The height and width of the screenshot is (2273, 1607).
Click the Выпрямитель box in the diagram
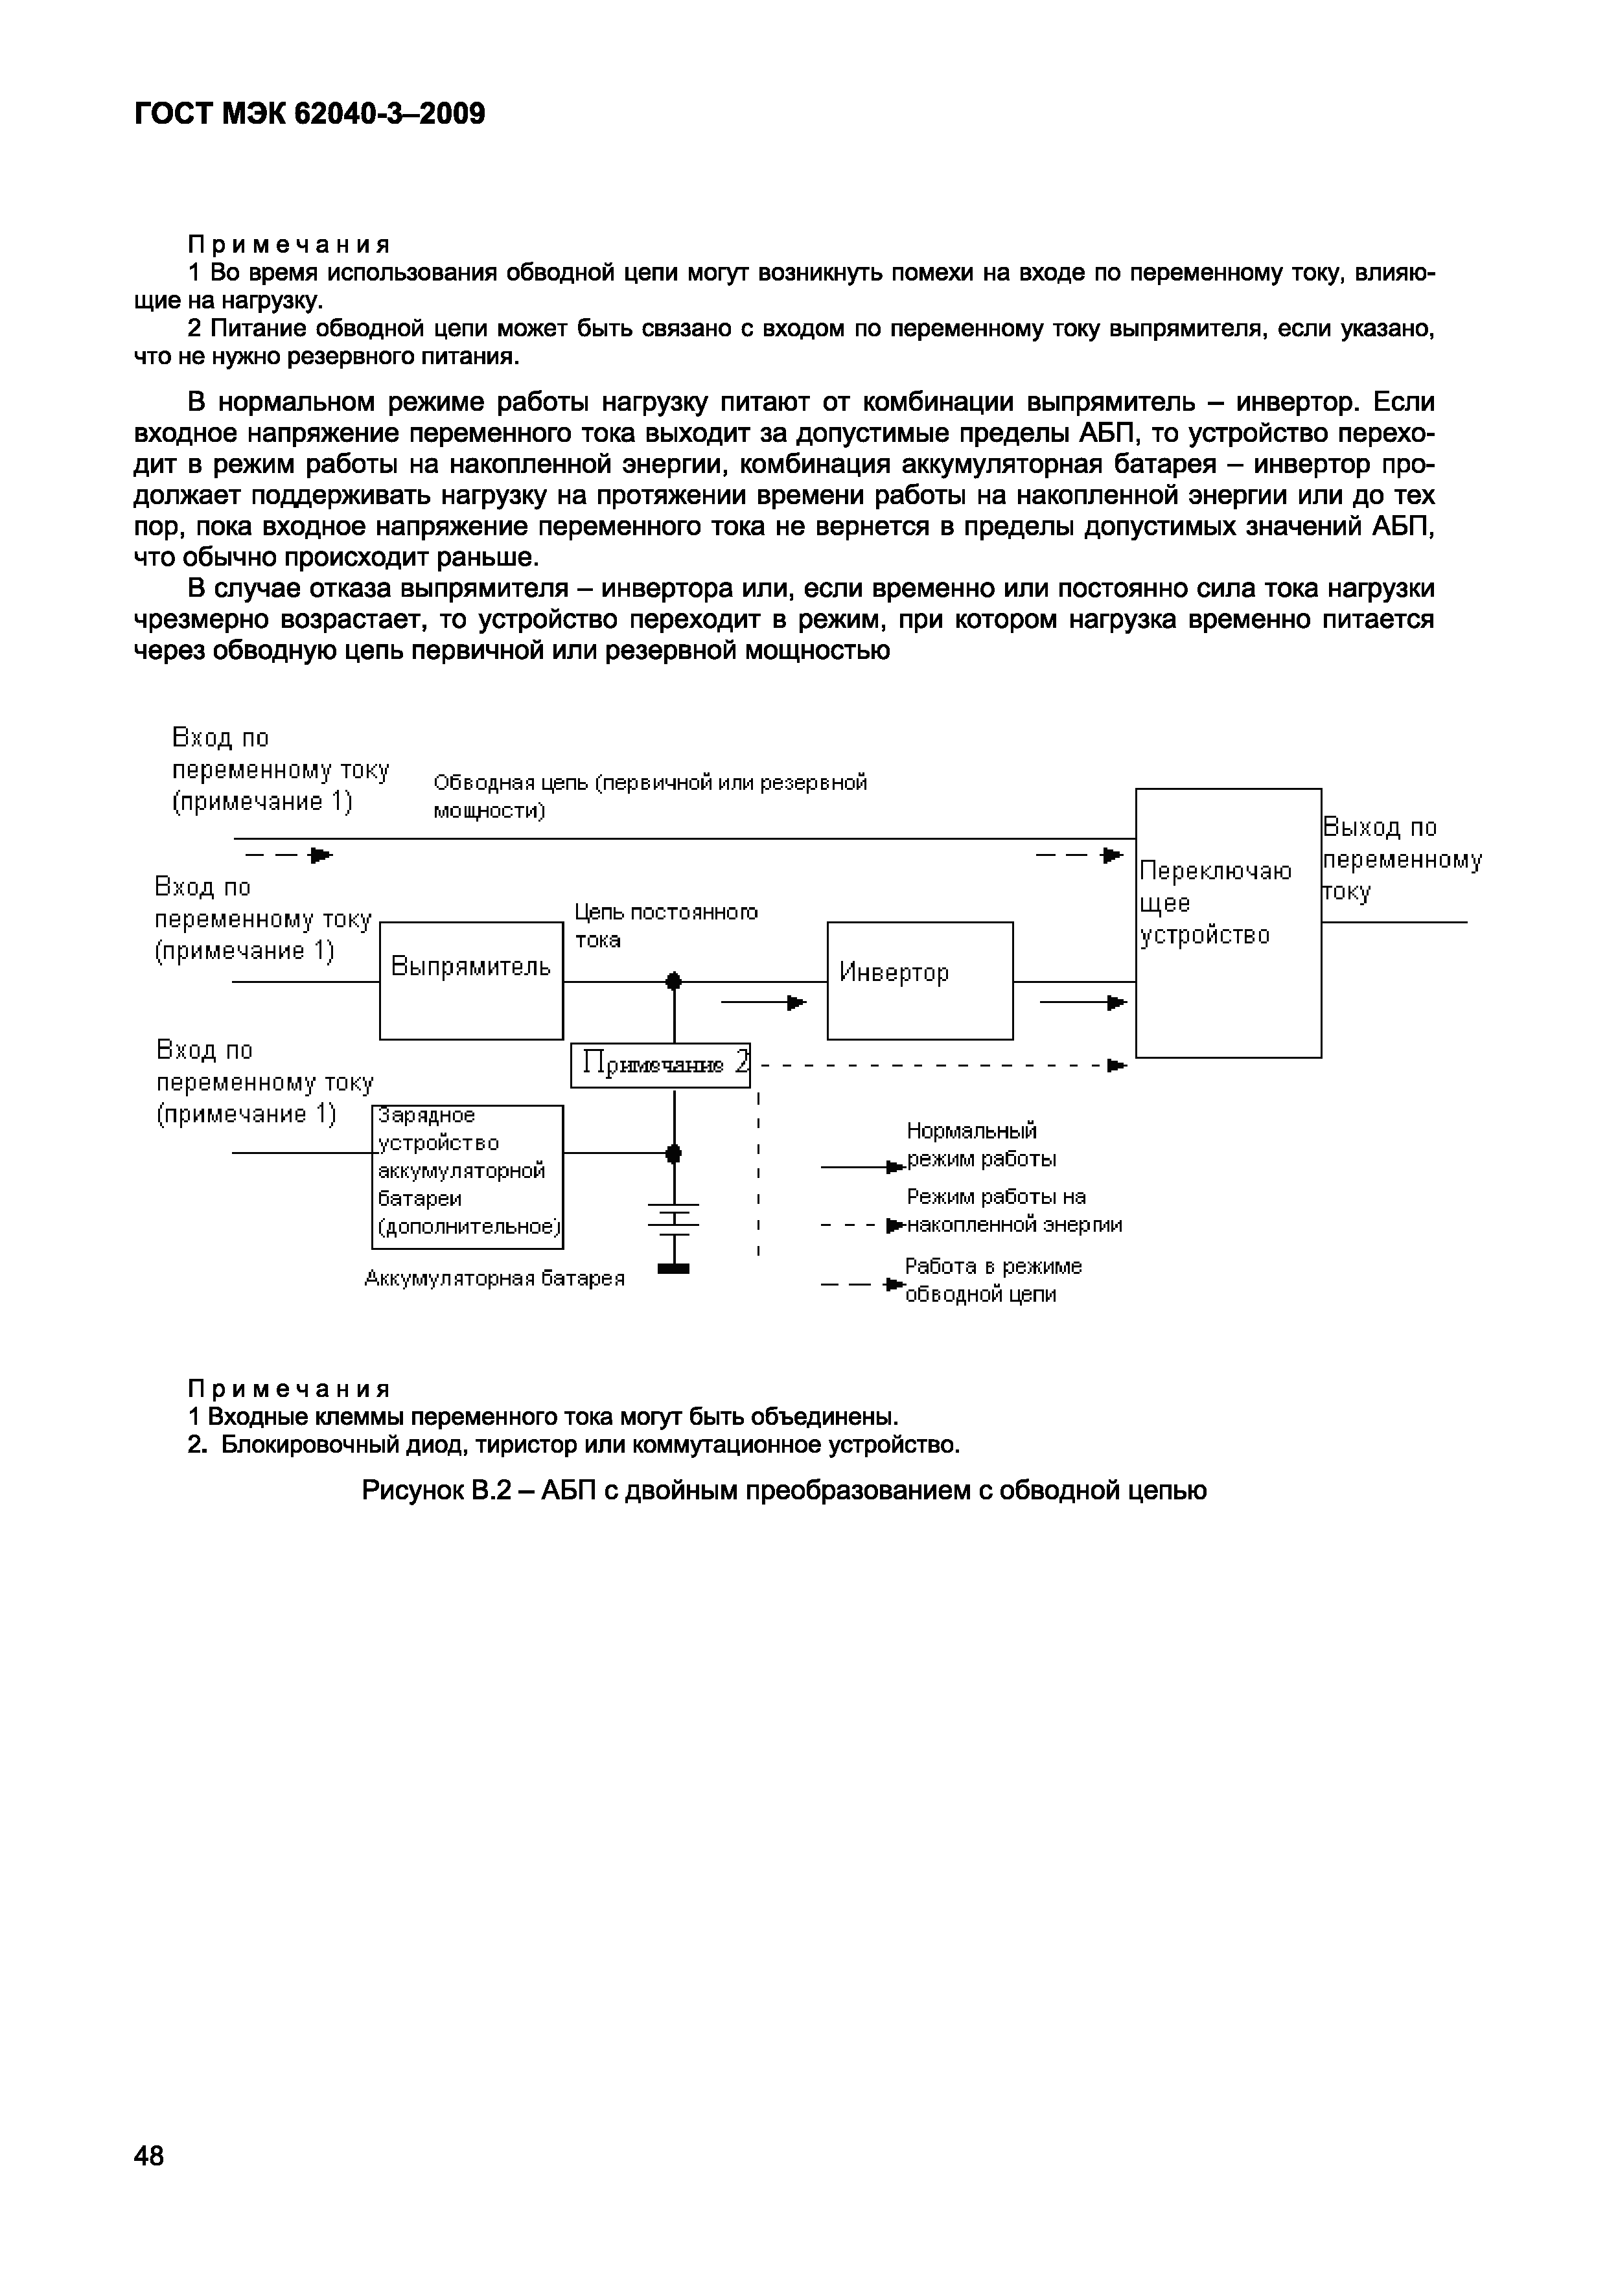pyautogui.click(x=471, y=980)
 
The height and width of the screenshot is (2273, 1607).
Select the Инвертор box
pyautogui.click(x=920, y=980)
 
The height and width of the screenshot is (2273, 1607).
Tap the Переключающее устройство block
pyautogui.click(x=1228, y=923)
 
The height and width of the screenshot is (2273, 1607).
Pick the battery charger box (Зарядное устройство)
pyautogui.click(x=467, y=1176)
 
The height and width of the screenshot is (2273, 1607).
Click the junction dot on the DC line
pyautogui.click(x=675, y=982)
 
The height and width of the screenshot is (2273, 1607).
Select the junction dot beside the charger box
pyautogui.click(x=675, y=1153)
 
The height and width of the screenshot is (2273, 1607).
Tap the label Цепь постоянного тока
pyautogui.click(x=665, y=926)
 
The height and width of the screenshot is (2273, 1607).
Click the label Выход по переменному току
pyautogui.click(x=1401, y=859)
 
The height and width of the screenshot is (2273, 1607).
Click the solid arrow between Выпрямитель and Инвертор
pyautogui.click(x=765, y=1004)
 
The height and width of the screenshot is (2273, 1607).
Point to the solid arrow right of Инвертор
pyautogui.click(x=1083, y=1004)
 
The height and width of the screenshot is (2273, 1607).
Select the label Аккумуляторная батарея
pyautogui.click(x=495, y=1278)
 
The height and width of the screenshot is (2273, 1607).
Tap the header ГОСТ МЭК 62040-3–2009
pyautogui.click(x=310, y=115)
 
